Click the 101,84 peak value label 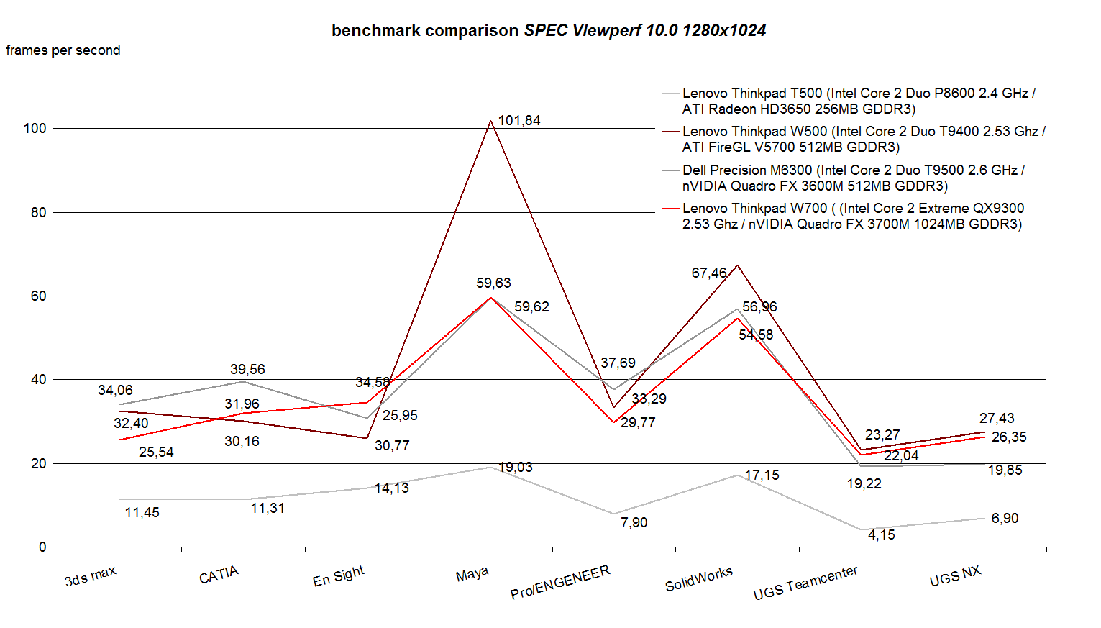tap(518, 120)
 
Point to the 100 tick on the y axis tap(35, 128)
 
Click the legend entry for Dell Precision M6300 tap(853, 178)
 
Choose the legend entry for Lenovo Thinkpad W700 tap(853, 216)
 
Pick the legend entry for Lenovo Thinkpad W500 tap(863, 139)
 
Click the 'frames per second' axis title tap(63, 50)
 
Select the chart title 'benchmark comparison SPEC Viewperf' tap(549, 30)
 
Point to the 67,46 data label tap(709, 273)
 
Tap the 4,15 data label tap(881, 534)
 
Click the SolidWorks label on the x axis tap(698, 578)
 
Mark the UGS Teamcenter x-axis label tap(805, 583)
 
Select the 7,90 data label tap(634, 522)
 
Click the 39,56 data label tap(247, 369)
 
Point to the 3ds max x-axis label tap(90, 576)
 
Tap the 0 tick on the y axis tap(42, 547)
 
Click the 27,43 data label tap(996, 418)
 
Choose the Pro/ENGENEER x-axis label tap(559, 582)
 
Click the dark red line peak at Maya tap(490, 121)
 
